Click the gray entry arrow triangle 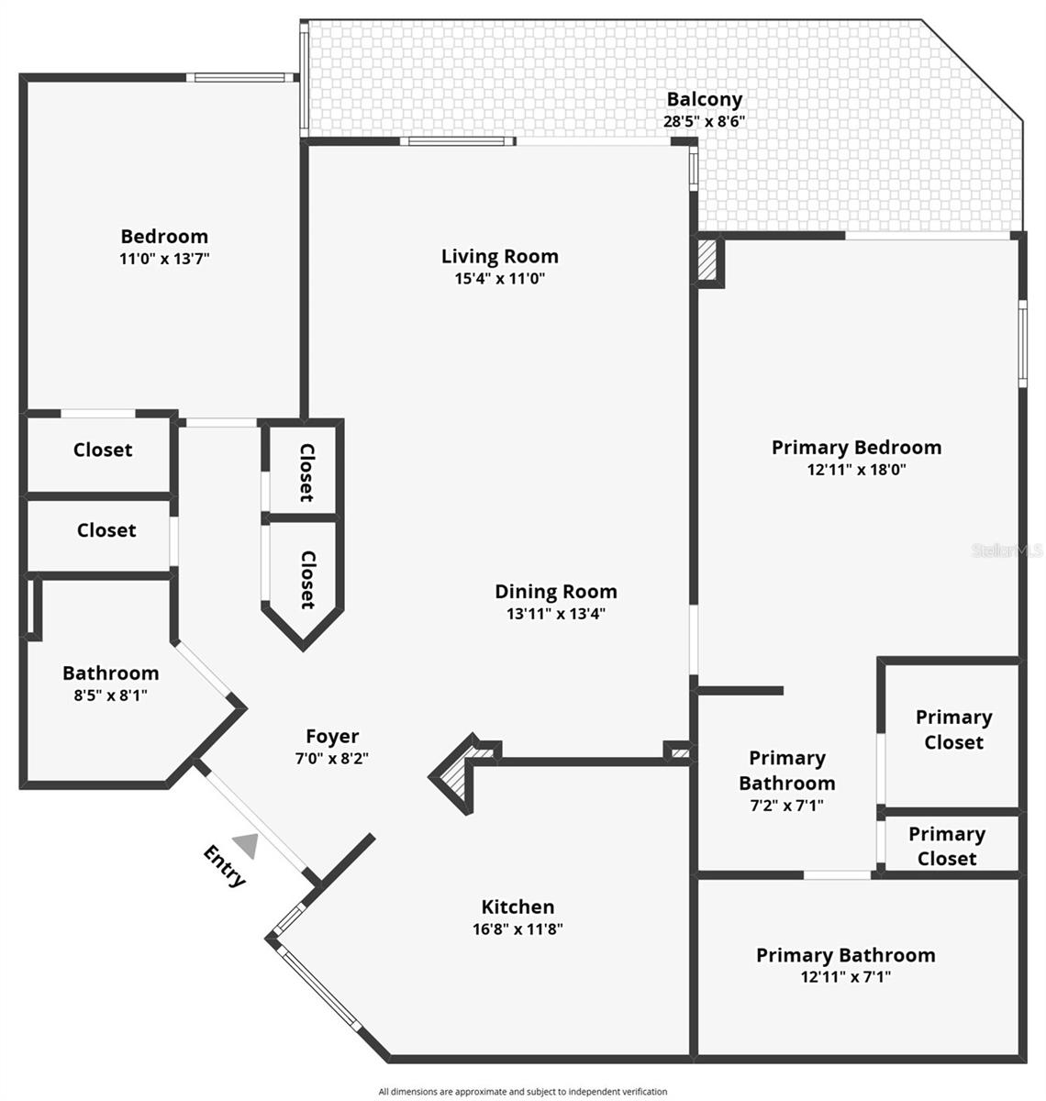pos(246,844)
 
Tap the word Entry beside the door pos(225,866)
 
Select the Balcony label pos(704,99)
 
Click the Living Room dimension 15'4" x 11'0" pos(500,279)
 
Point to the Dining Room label pos(555,592)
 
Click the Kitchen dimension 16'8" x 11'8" pos(517,929)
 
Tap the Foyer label pos(332,736)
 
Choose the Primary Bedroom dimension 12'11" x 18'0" pos(856,470)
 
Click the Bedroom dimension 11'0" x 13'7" pos(164,259)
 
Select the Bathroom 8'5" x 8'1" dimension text pos(110,695)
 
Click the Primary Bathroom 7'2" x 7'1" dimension pos(786,806)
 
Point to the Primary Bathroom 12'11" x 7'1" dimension pos(845,977)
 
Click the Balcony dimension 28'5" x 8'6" pos(704,121)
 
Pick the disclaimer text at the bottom pos(523,1091)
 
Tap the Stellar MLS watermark pos(1006,550)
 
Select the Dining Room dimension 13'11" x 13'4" pos(555,614)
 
